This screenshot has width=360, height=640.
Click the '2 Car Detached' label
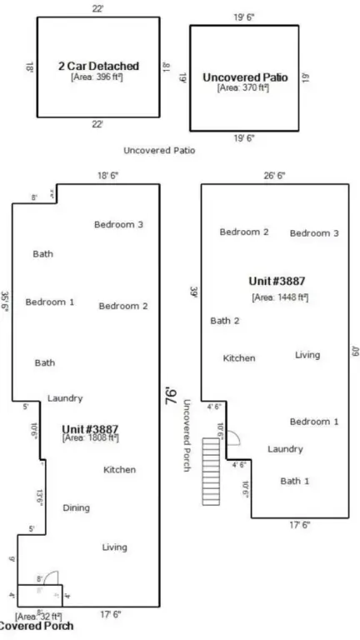97,65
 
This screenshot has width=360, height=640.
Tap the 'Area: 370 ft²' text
244,87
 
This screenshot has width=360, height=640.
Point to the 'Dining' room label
76,507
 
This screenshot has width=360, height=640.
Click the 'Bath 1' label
294,481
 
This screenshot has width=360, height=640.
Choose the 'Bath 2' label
224,320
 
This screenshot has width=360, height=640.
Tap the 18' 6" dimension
108,176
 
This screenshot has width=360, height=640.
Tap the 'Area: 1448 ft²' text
279,296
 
